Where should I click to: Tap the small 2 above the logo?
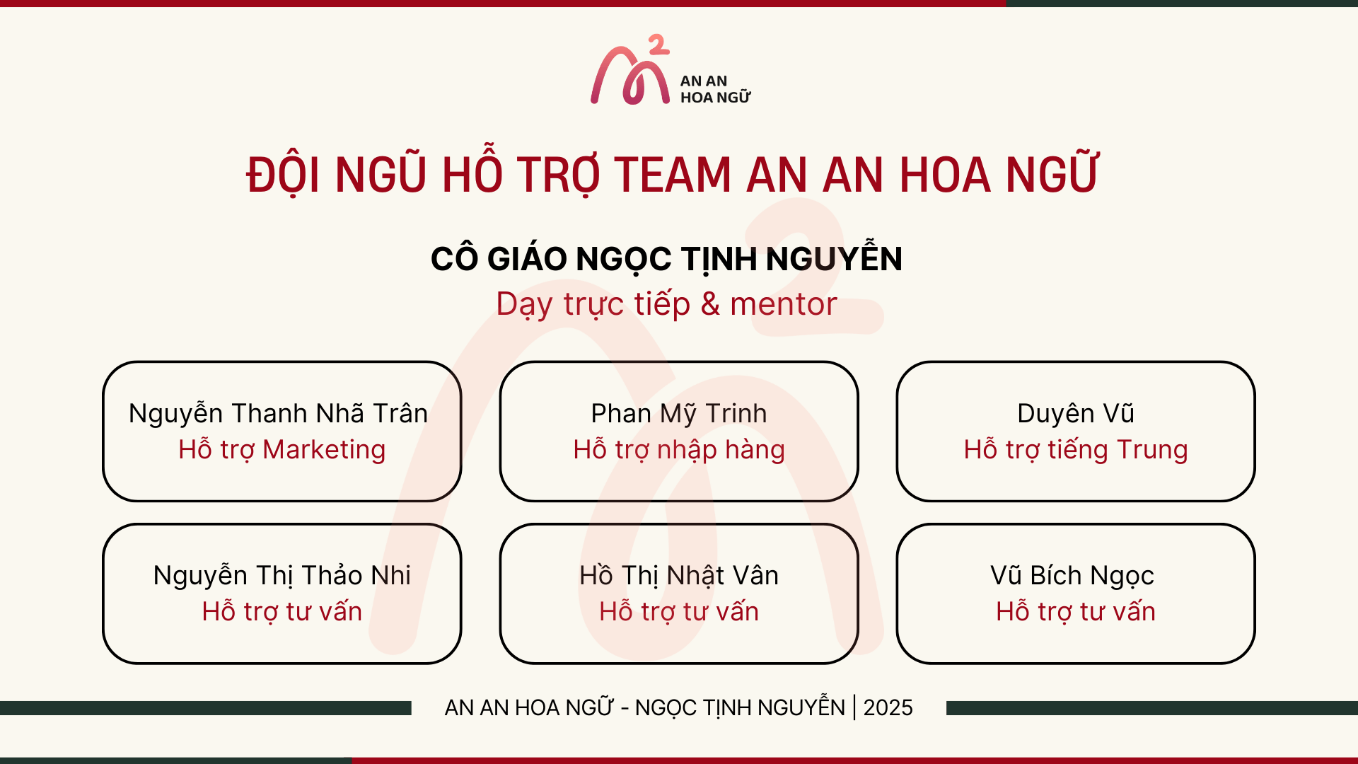658,45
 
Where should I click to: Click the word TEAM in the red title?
672,175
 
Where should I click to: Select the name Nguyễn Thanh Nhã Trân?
279,414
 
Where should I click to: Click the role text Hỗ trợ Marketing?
282,451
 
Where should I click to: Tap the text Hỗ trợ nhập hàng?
679,451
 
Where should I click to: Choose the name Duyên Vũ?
1075,414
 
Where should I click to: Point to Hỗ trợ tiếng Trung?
1075,451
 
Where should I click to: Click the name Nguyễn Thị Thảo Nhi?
282,576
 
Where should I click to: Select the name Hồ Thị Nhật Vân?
679,576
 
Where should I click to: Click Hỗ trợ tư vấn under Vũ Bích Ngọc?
1075,612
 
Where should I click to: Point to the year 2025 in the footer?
888,707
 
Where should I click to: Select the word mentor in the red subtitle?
784,304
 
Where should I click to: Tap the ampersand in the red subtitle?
710,304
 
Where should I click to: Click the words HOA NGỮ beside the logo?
715,97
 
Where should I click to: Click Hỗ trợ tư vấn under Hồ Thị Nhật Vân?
679,612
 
